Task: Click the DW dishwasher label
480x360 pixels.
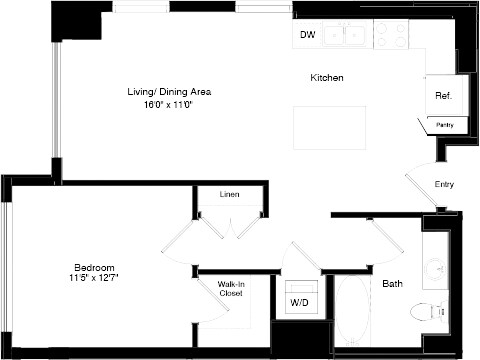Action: click(x=307, y=36)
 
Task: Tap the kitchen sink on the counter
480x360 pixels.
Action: click(x=350, y=35)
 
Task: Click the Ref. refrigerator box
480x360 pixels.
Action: click(x=442, y=96)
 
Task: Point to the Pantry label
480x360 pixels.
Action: click(x=443, y=125)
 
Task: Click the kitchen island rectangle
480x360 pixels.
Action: click(x=321, y=126)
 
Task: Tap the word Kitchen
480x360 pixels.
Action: click(x=327, y=78)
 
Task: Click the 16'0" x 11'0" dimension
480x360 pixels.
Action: click(x=168, y=104)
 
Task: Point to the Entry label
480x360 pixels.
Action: click(x=445, y=185)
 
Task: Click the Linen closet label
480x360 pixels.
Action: click(x=229, y=194)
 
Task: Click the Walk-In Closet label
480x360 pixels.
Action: click(x=231, y=289)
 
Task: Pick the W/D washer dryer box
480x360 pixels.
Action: click(x=299, y=301)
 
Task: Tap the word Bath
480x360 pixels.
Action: click(x=393, y=284)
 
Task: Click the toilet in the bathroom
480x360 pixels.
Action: click(x=432, y=311)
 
